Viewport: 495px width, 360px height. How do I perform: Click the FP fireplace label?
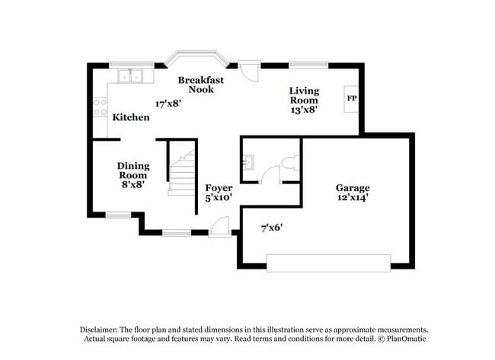point(351,98)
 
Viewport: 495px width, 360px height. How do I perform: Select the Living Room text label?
point(303,96)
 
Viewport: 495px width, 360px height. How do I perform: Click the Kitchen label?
point(131,118)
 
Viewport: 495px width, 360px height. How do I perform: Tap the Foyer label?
point(219,188)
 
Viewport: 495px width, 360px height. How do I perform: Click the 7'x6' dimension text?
point(272,227)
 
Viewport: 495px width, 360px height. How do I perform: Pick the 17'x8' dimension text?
point(168,104)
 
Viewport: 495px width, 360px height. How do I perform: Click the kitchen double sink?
point(130,75)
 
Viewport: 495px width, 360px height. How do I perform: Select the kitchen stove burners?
point(99,107)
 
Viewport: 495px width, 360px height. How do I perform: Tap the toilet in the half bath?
point(289,163)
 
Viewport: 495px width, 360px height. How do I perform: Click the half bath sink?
point(248,161)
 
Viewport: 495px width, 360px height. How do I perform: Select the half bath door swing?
point(270,176)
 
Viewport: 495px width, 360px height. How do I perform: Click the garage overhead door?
point(329,263)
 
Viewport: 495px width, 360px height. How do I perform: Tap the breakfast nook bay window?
point(196,57)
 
